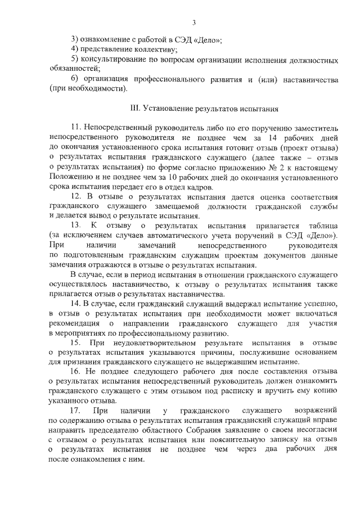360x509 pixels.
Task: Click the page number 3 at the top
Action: coord(193,23)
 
